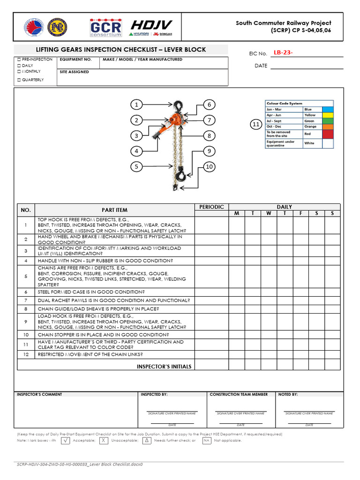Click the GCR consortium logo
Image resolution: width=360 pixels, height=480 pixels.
pos(105,28)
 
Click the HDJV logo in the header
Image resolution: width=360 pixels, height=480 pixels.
pos(151,28)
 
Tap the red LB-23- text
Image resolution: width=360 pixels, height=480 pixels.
pos(283,53)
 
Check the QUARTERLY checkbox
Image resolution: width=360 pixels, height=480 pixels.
pos(19,80)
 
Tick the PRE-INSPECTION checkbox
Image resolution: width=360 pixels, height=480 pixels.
pos(19,60)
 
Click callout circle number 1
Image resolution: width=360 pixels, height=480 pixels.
pos(136,105)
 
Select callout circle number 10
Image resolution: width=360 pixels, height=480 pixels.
pos(209,166)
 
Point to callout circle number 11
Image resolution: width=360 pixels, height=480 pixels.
pos(255,125)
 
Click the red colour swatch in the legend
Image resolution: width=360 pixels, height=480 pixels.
pos(327,134)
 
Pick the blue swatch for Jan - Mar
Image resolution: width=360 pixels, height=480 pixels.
pos(327,109)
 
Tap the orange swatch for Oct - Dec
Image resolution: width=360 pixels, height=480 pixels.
pos(327,126)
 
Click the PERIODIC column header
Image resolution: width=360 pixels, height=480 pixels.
pos(211,207)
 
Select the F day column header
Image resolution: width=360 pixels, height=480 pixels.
pos(300,214)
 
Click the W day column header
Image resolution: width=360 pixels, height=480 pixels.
pos(269,214)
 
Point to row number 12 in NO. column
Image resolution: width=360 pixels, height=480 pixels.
pos(26,355)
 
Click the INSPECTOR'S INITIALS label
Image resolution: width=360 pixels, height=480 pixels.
pos(164,367)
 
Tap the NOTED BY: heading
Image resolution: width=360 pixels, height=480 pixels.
pos(288,395)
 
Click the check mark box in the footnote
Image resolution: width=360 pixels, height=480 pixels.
pos(66,441)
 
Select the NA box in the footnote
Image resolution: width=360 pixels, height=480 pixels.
pos(206,441)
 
